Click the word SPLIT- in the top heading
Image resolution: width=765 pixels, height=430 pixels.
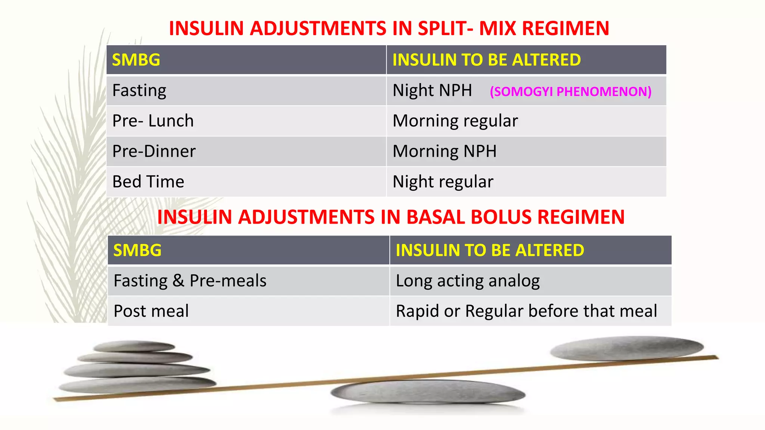tap(445, 28)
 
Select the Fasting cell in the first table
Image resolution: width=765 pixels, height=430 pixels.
tap(139, 91)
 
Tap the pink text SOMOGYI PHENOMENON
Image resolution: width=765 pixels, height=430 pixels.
tap(570, 91)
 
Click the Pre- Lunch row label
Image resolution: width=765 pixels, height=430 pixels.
tap(153, 121)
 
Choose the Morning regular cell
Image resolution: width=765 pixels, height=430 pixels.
tap(455, 121)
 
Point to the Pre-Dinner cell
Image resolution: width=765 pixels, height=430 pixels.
tap(154, 151)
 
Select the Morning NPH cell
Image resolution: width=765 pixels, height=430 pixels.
tap(445, 151)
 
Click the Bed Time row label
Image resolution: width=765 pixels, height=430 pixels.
tap(148, 182)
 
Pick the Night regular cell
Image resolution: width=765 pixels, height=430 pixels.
tap(443, 182)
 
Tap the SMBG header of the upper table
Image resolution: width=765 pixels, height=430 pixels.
tap(136, 60)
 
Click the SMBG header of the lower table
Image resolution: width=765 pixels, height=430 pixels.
tap(137, 250)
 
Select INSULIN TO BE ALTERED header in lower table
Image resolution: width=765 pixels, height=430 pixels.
tap(490, 250)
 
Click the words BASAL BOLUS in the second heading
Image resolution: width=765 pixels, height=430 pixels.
tap(468, 217)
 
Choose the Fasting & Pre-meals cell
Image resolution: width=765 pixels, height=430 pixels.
tap(190, 281)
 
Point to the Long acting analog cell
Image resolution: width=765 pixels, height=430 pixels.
tap(468, 281)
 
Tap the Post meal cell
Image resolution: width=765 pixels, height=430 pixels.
tap(151, 311)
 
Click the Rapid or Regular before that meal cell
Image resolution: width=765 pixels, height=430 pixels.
tap(526, 311)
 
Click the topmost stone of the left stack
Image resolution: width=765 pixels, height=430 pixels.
tap(134, 346)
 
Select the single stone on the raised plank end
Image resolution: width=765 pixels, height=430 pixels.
tap(627, 348)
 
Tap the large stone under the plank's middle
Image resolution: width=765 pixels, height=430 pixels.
tap(428, 392)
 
